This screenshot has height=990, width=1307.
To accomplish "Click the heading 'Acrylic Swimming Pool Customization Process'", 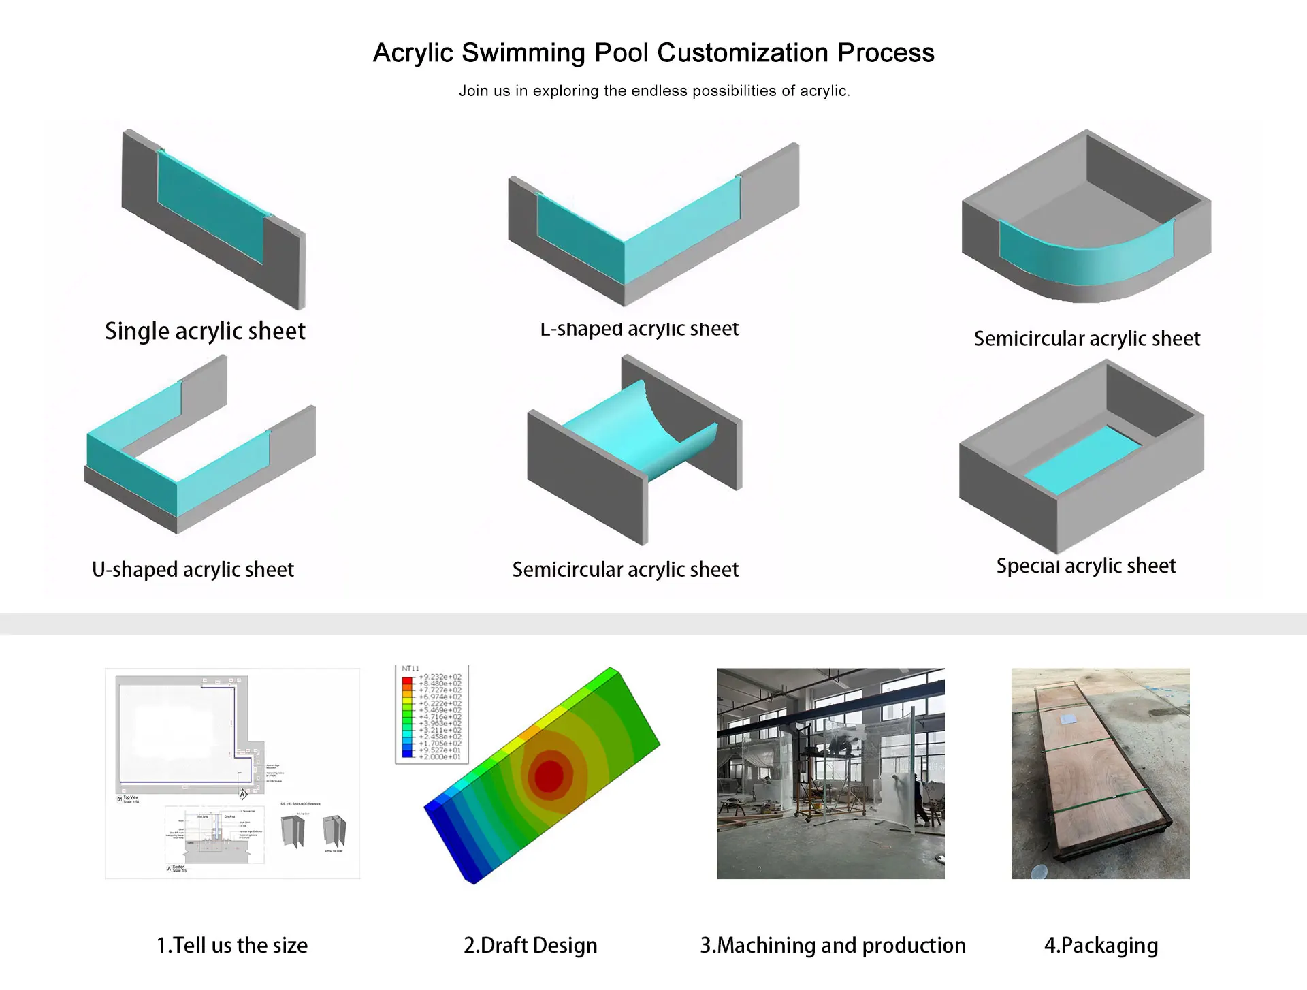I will point(653,53).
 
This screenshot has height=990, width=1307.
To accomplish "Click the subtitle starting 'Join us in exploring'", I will point(653,91).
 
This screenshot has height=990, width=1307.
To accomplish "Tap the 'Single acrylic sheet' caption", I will point(205,332).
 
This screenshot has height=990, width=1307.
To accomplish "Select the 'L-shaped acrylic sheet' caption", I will point(639,329).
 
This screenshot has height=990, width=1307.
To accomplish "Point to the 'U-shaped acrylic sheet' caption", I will point(193,569).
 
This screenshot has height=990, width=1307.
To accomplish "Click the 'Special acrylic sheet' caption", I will point(1086,566).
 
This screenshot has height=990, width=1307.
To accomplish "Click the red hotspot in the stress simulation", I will point(549,775).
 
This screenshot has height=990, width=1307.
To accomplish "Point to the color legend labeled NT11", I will point(432,715).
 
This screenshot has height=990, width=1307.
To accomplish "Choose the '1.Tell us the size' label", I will point(232,946).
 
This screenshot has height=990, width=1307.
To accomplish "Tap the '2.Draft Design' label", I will point(530,946).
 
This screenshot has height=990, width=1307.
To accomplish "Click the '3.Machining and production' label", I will point(833,946).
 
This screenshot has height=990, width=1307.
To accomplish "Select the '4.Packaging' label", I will point(1101,946).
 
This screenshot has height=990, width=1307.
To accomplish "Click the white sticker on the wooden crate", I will point(1069,718).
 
